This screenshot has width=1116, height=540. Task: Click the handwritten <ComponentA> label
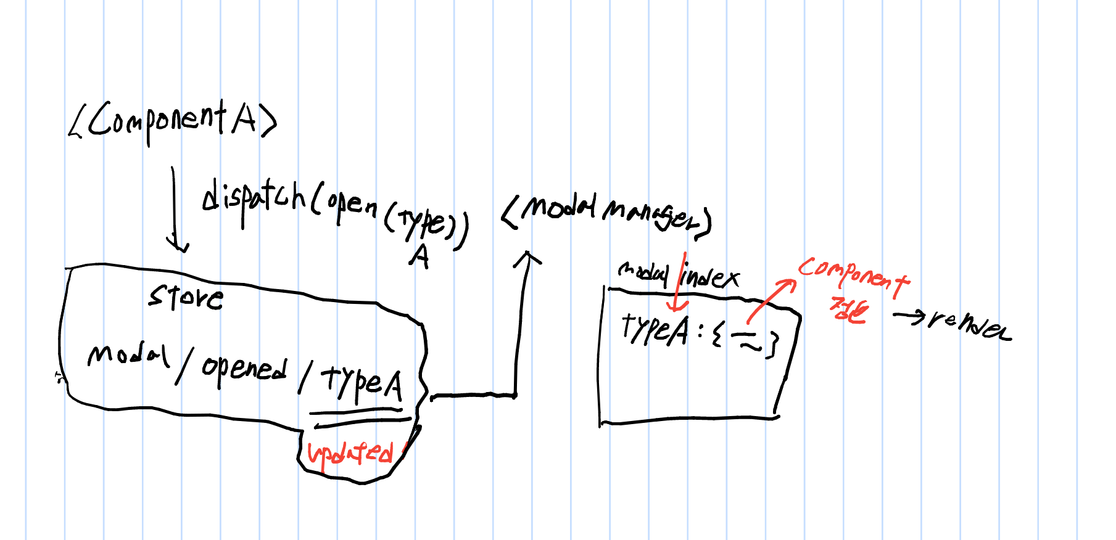pos(173,122)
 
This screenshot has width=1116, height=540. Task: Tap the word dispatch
pos(253,198)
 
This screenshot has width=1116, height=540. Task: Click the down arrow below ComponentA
pos(175,210)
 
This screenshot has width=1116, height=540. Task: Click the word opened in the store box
pos(244,369)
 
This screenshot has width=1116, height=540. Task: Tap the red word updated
pos(350,454)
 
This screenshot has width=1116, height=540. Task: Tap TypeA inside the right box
pos(655,330)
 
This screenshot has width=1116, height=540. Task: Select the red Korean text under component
pos(849,310)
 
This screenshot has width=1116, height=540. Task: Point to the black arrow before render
pos(909,316)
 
